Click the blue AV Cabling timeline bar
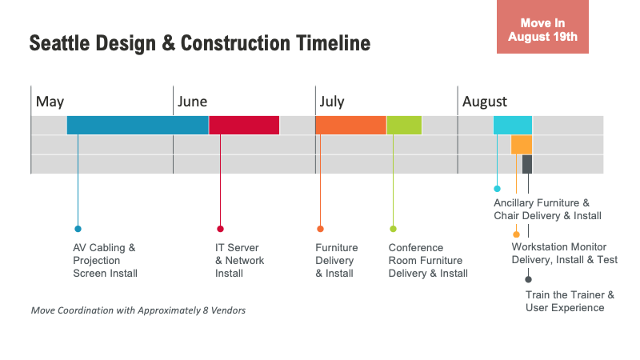click(x=138, y=126)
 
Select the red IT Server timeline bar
click(x=244, y=126)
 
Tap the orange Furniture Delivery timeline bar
click(x=350, y=126)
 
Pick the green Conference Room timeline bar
click(x=404, y=126)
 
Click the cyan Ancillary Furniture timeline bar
click(x=513, y=126)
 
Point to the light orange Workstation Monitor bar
click(x=522, y=145)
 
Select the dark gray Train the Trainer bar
click(x=527, y=164)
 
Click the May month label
click(x=50, y=102)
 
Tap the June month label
click(x=192, y=102)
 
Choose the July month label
click(x=332, y=102)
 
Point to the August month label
click(x=485, y=102)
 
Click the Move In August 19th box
click(x=542, y=26)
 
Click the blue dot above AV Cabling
click(x=78, y=229)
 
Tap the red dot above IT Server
click(x=221, y=229)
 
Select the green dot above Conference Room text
click(x=393, y=229)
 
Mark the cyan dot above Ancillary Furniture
click(x=497, y=189)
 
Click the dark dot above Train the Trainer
click(x=528, y=279)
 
